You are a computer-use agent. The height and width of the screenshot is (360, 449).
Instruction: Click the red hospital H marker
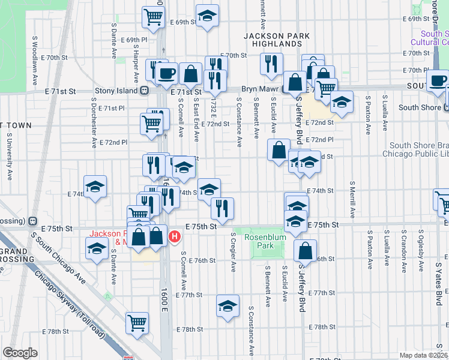click(x=174, y=236)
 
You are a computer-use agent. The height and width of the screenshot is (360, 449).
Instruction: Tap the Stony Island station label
click(x=116, y=92)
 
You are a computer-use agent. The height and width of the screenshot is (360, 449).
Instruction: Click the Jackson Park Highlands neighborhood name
click(x=277, y=40)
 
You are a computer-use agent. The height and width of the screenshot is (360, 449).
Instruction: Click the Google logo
click(x=20, y=352)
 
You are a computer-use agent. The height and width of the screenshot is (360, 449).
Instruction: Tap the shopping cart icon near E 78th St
click(x=137, y=322)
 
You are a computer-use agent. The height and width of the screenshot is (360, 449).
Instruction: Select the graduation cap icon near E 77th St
click(x=228, y=306)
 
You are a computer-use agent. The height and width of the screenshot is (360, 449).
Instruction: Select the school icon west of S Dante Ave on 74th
click(x=95, y=187)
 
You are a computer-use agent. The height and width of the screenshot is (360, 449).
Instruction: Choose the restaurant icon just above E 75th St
click(x=222, y=208)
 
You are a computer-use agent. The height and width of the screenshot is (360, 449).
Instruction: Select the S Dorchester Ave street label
click(x=94, y=126)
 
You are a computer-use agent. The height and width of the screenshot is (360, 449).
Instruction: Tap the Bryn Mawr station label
click(x=258, y=88)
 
